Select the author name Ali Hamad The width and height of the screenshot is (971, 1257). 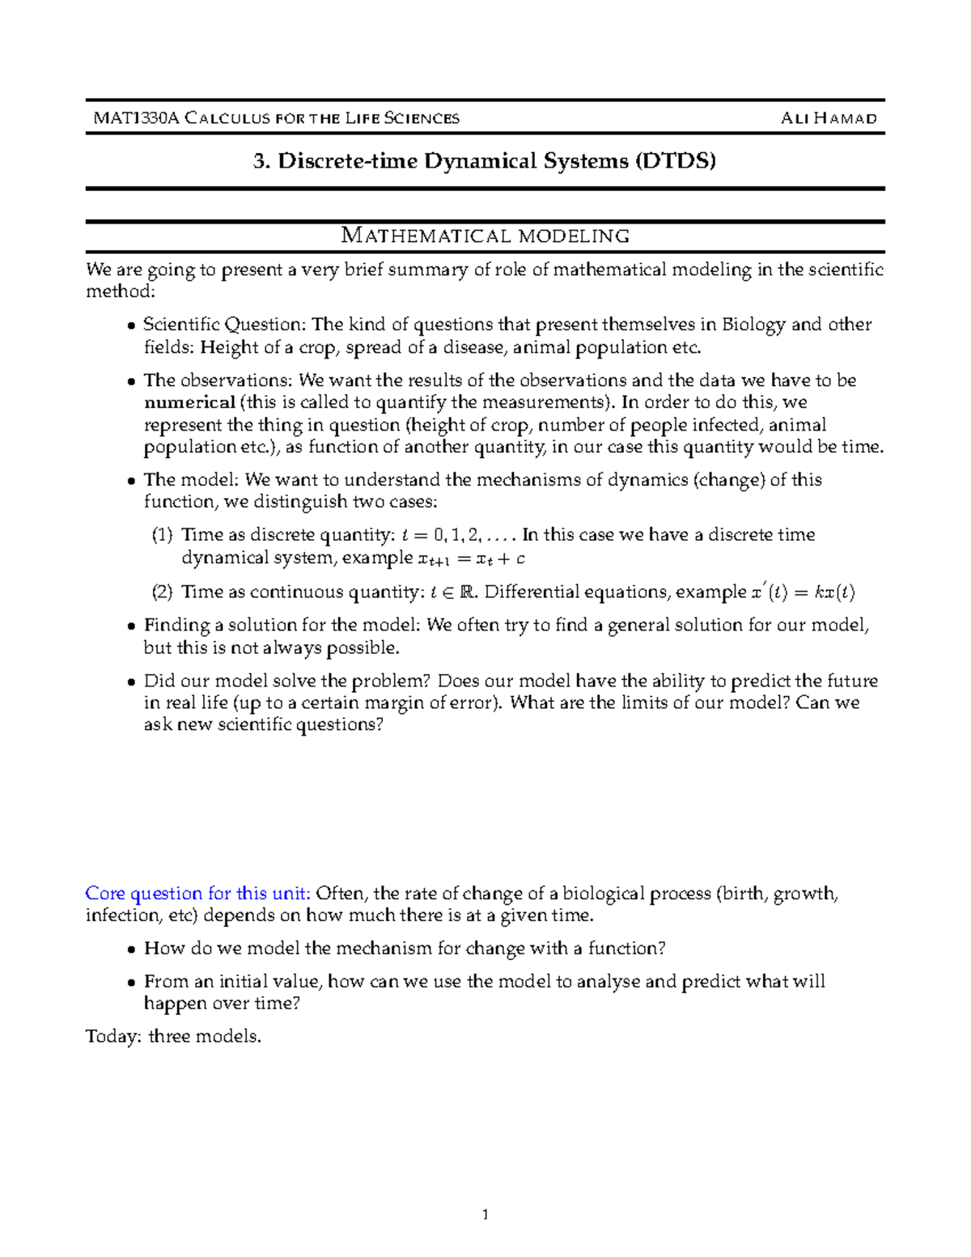tap(829, 118)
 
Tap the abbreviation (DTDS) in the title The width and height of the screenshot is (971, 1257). tap(676, 161)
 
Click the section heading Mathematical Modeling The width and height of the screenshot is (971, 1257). tap(485, 236)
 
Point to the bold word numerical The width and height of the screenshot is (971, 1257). tap(189, 402)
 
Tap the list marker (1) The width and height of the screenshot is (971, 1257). tap(163, 535)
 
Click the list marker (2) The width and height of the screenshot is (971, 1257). tap(163, 592)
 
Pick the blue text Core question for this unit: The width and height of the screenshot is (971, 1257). tap(197, 894)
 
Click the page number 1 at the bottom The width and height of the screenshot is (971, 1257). tap(485, 1214)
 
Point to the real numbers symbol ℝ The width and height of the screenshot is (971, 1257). tap(467, 592)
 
